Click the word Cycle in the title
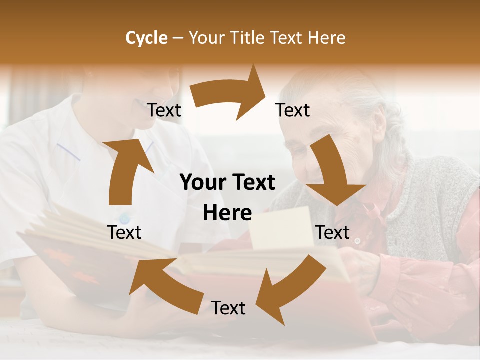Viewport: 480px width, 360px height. click(x=146, y=38)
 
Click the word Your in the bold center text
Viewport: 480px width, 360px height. click(x=199, y=183)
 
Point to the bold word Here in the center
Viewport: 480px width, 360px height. click(x=227, y=213)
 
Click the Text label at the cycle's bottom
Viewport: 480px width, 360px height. click(x=228, y=308)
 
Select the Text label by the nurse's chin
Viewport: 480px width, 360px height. click(x=164, y=110)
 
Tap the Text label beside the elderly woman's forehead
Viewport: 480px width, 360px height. click(x=293, y=110)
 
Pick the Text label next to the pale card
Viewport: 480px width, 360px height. click(x=333, y=232)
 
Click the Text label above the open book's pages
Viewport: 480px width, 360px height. click(x=124, y=232)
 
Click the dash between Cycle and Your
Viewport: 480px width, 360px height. click(x=178, y=38)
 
